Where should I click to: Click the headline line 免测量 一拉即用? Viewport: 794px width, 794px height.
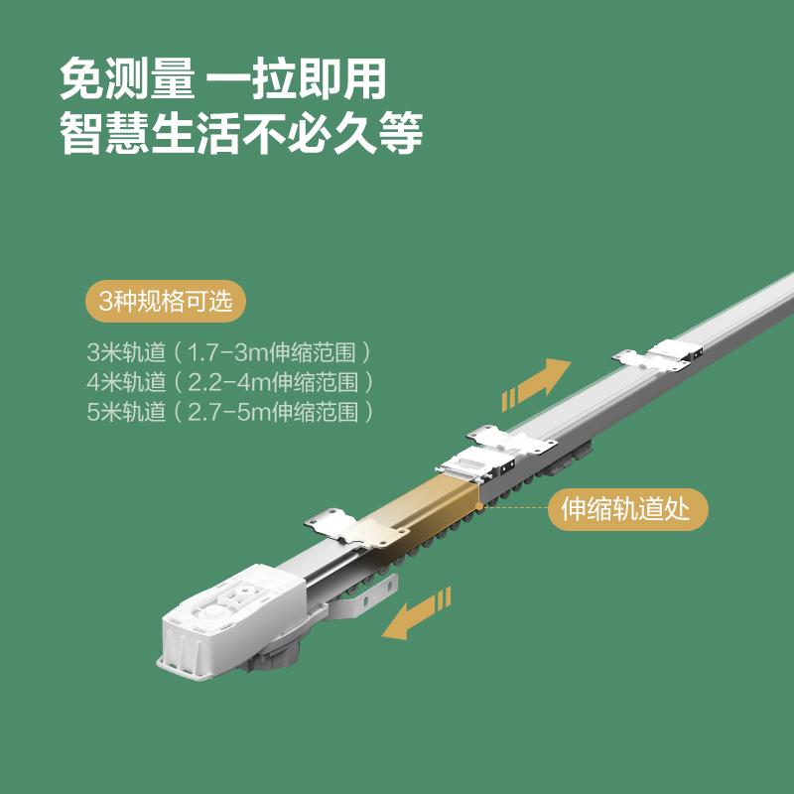click(222, 78)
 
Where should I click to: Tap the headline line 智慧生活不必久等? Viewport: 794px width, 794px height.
click(241, 133)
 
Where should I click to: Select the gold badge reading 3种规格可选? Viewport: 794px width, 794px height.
click(166, 302)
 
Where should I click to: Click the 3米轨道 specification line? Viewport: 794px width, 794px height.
click(229, 352)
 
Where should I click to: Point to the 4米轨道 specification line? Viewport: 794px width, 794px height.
click(230, 382)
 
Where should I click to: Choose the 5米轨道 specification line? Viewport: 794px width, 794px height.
click(230, 412)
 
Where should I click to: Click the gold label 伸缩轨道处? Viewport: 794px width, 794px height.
click(628, 509)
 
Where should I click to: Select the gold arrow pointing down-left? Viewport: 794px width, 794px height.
click(416, 613)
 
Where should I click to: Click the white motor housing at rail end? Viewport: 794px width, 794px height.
click(233, 622)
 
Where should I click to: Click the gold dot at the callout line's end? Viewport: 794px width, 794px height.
click(479, 506)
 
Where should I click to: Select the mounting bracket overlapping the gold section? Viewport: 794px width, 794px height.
click(357, 529)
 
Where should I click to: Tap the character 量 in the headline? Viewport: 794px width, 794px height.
click(173, 78)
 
